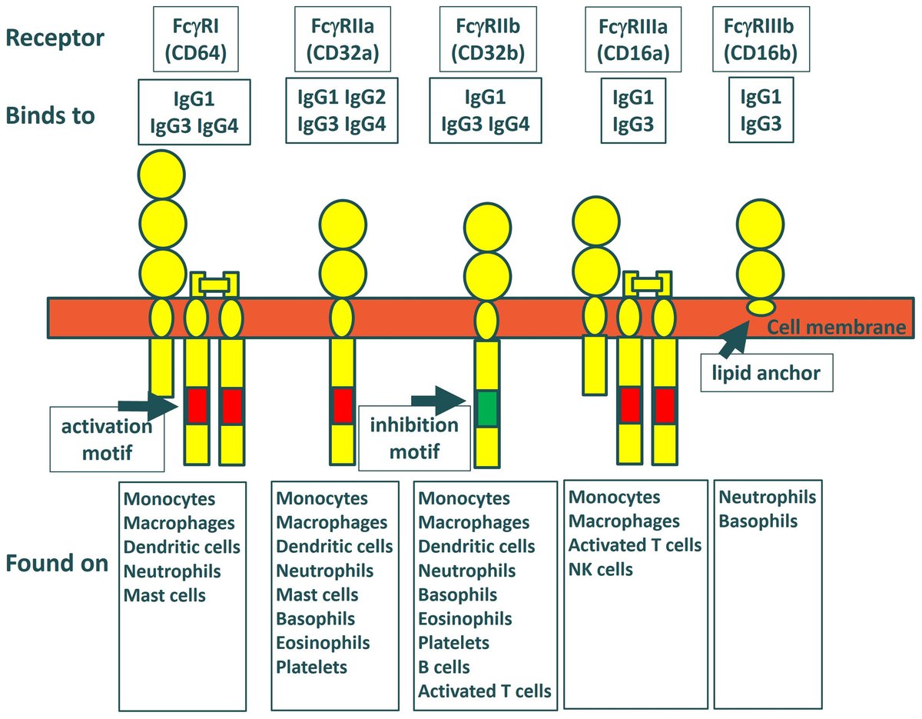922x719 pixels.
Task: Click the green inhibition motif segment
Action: click(486, 408)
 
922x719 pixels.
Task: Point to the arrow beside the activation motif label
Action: click(143, 404)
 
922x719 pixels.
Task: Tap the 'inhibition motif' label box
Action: click(414, 438)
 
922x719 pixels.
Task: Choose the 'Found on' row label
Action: click(57, 563)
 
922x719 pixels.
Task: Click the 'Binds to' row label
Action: click(51, 115)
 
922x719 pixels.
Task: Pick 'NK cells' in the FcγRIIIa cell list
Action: click(601, 570)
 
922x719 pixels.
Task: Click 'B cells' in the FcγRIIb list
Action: click(444, 667)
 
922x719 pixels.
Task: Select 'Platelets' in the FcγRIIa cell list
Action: click(311, 667)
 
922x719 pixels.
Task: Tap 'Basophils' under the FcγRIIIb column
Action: click(758, 521)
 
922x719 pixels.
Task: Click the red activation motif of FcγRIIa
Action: click(342, 405)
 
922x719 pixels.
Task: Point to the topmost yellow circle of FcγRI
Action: click(161, 175)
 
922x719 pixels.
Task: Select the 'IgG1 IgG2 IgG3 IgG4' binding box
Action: click(342, 110)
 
